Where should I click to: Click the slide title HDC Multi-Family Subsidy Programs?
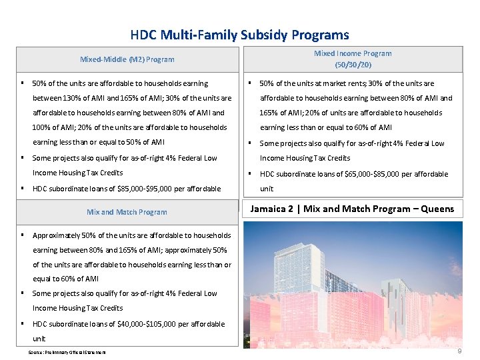239,35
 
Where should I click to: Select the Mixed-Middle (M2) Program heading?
127,59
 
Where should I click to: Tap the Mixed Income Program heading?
353,53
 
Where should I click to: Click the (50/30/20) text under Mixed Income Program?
353,65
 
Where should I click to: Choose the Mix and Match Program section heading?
127,212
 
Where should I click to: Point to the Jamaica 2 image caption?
351,209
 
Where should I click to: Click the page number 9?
459,351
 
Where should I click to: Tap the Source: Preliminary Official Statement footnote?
67,352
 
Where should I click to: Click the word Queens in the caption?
437,209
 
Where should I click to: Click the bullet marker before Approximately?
23,235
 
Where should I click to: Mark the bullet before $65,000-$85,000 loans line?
249,174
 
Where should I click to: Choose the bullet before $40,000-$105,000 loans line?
23,324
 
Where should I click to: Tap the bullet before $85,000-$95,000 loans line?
23,189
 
